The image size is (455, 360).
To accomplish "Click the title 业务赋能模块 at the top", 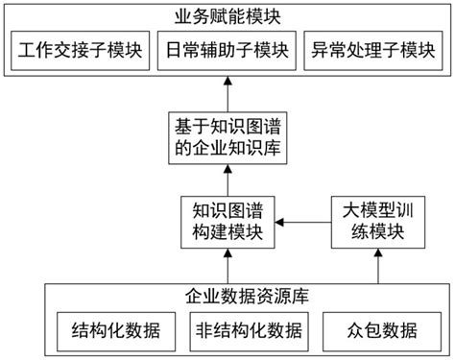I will tap(227, 15).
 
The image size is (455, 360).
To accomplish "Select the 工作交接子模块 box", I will tap(81, 51).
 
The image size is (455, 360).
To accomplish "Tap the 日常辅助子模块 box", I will tap(227, 51).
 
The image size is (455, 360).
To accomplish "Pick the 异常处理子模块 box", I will tap(373, 51).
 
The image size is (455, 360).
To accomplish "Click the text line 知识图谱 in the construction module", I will tap(227, 209).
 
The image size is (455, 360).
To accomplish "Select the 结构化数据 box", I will tap(110, 331).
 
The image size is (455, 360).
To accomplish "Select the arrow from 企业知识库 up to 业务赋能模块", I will tap(227, 95).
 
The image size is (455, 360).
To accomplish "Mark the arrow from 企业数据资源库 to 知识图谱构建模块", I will tap(227, 263).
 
